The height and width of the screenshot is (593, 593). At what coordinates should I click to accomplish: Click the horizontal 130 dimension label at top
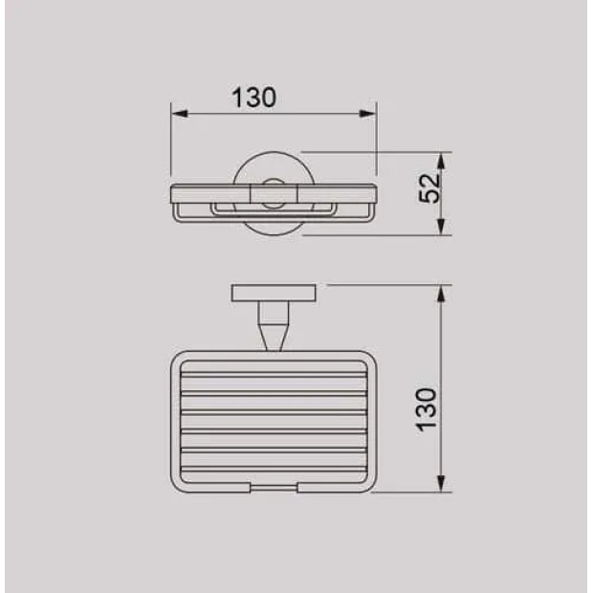(x=253, y=98)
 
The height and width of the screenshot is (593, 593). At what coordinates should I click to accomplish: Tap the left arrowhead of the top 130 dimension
(x=179, y=114)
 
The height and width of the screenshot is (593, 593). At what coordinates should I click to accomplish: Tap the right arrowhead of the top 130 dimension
(x=367, y=114)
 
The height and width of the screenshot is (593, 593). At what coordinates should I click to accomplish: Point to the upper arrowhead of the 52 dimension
(x=441, y=161)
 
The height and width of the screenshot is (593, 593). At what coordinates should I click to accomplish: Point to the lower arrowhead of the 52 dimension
(x=441, y=227)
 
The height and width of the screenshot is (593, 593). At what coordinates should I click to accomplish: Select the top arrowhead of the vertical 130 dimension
(x=441, y=293)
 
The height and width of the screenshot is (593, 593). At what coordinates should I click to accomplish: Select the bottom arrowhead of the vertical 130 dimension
(x=441, y=484)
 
